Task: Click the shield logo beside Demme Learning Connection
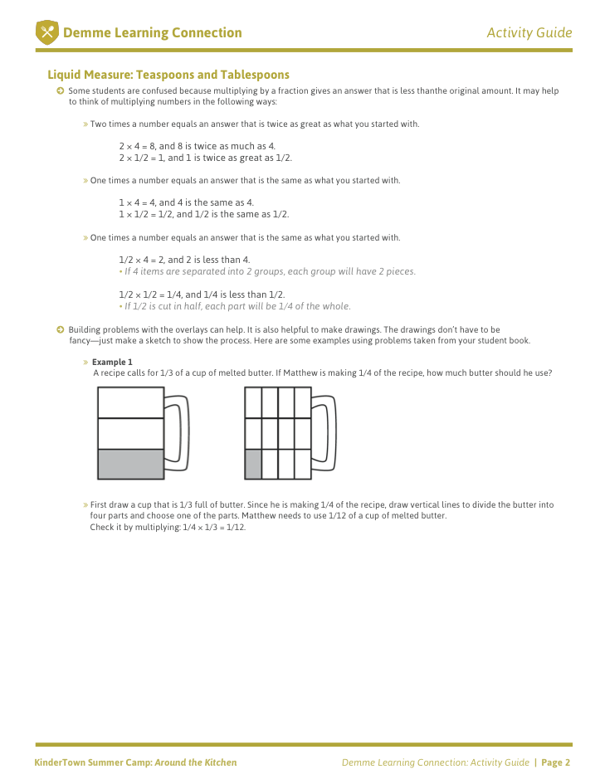coord(46,33)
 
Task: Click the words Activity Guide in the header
coord(529,33)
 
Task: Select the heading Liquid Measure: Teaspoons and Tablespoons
coord(168,75)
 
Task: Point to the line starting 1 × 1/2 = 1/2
coord(204,214)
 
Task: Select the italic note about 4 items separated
coord(269,271)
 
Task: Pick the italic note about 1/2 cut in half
coord(237,306)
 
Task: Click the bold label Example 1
coord(112,362)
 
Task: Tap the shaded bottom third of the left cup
coord(130,464)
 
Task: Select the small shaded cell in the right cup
coord(253,464)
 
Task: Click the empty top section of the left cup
coord(130,402)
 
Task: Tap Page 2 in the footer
coord(557,762)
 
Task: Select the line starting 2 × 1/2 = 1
coord(205,158)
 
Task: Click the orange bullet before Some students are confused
coord(61,90)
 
